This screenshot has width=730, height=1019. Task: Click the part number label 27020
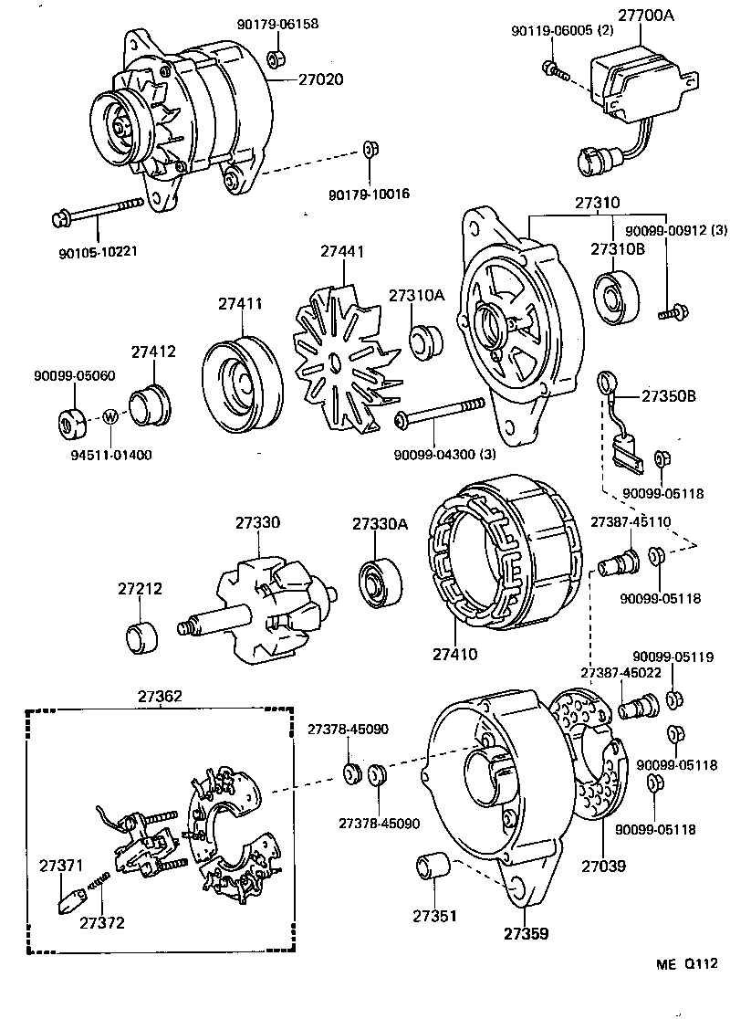click(x=320, y=79)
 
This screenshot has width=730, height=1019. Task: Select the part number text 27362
click(x=161, y=696)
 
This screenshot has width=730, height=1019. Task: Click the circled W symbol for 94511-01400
click(x=109, y=416)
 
